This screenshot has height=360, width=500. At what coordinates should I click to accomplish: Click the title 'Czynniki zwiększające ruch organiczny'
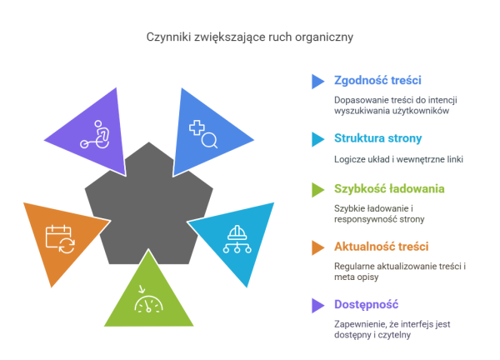250,37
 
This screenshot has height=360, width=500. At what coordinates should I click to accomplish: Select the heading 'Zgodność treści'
377,80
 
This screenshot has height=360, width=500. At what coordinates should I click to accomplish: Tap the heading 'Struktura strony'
377,138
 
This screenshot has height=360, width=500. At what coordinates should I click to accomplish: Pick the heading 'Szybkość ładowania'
389,189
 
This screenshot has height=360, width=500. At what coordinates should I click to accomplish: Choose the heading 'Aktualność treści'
381,247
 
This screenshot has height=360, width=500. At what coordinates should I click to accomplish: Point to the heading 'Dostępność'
366,305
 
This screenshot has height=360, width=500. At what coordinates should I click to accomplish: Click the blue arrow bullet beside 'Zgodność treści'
317,82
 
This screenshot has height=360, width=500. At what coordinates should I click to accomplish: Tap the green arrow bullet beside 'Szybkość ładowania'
317,190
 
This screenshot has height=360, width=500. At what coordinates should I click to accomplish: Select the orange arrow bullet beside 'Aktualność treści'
317,247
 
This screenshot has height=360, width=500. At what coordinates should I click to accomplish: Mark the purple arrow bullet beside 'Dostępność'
317,306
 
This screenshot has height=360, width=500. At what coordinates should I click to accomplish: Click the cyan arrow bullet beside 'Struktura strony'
317,139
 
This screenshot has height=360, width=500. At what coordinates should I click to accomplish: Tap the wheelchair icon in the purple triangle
96,134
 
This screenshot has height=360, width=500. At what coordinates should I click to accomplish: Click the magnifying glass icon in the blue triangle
203,134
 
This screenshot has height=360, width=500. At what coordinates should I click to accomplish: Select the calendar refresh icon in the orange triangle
60,239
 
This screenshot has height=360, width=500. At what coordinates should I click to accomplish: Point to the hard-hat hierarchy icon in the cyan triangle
237,239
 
